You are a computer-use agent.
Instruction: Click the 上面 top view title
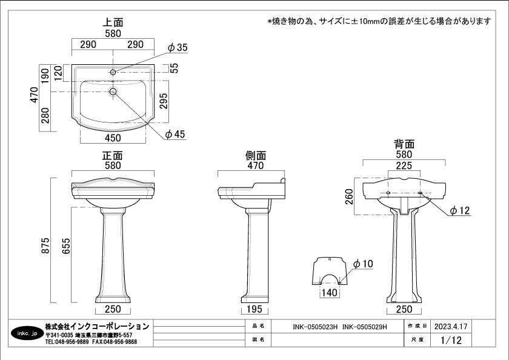click(x=113, y=22)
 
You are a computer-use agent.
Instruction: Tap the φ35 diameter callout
click(x=178, y=47)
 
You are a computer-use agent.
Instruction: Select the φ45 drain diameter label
click(x=175, y=134)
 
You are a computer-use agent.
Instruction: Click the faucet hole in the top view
click(x=113, y=72)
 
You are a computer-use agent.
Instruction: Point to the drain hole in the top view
click(x=113, y=92)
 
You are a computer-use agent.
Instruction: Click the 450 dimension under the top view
click(x=113, y=138)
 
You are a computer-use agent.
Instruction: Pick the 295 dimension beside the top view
click(x=164, y=101)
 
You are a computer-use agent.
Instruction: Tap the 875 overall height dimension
click(x=45, y=245)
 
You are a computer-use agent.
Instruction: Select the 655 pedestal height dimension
click(x=66, y=245)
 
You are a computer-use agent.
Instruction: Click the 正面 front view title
click(x=113, y=156)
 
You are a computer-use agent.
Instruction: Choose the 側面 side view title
click(x=256, y=156)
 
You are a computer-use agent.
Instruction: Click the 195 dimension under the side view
click(x=254, y=309)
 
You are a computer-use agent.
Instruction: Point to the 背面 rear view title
click(x=404, y=144)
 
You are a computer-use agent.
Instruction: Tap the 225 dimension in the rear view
click(x=404, y=166)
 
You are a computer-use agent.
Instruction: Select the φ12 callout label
click(x=460, y=211)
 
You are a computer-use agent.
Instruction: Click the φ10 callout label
click(x=363, y=264)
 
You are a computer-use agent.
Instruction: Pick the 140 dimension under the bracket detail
click(x=330, y=293)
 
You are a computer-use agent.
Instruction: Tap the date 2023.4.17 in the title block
click(x=451, y=326)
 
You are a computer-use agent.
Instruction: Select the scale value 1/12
click(x=451, y=340)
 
